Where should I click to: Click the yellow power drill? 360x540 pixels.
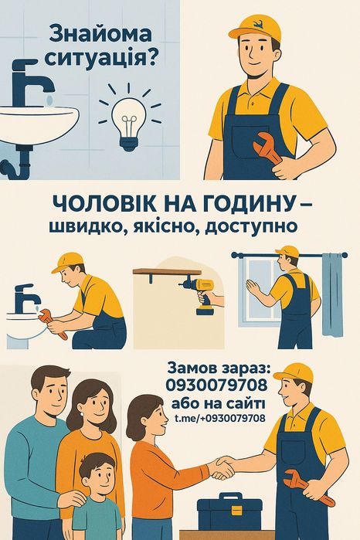point(202,295)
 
